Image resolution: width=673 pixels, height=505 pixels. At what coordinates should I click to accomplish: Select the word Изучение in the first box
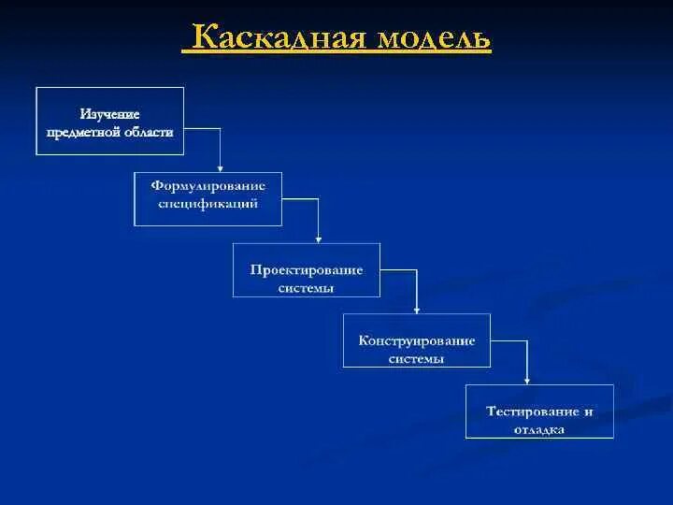pos(109,113)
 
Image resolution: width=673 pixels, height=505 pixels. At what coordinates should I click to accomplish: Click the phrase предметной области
pos(109,133)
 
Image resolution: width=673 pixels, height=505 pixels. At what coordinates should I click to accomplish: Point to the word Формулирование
pos(208,185)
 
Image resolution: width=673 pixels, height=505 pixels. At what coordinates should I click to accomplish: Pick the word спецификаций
pos(208,203)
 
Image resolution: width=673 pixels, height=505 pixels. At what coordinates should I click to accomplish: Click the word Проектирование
pos(307,269)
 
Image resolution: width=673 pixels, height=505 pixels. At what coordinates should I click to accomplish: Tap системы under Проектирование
pos(307,288)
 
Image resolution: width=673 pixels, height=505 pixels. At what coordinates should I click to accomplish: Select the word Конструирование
pos(417,340)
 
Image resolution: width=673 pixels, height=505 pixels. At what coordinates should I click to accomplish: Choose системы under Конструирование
pos(417,358)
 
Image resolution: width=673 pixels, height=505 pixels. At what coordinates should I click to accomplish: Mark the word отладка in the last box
pos(539,430)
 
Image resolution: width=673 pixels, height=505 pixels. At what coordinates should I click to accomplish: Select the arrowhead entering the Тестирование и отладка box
pos(527,380)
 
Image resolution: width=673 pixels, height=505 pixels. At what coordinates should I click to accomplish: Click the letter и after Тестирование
pos(588,411)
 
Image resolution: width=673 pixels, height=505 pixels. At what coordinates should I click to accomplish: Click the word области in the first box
pos(150,133)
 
